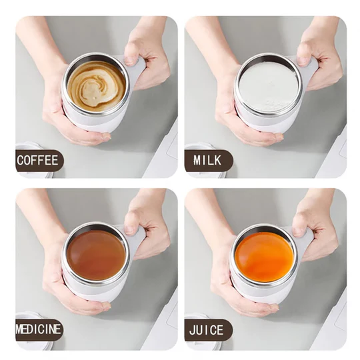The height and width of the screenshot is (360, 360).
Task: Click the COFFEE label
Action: tap(39, 160)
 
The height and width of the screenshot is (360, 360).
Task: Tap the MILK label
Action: tap(208, 160)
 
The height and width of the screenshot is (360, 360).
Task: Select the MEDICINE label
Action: tap(39, 329)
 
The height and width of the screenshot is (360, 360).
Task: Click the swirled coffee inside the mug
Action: tap(96, 84)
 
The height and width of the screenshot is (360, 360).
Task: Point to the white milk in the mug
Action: tap(268, 86)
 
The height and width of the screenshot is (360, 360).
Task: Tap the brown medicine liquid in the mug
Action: tap(96, 255)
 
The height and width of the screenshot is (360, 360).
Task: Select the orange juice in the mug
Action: tap(264, 256)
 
